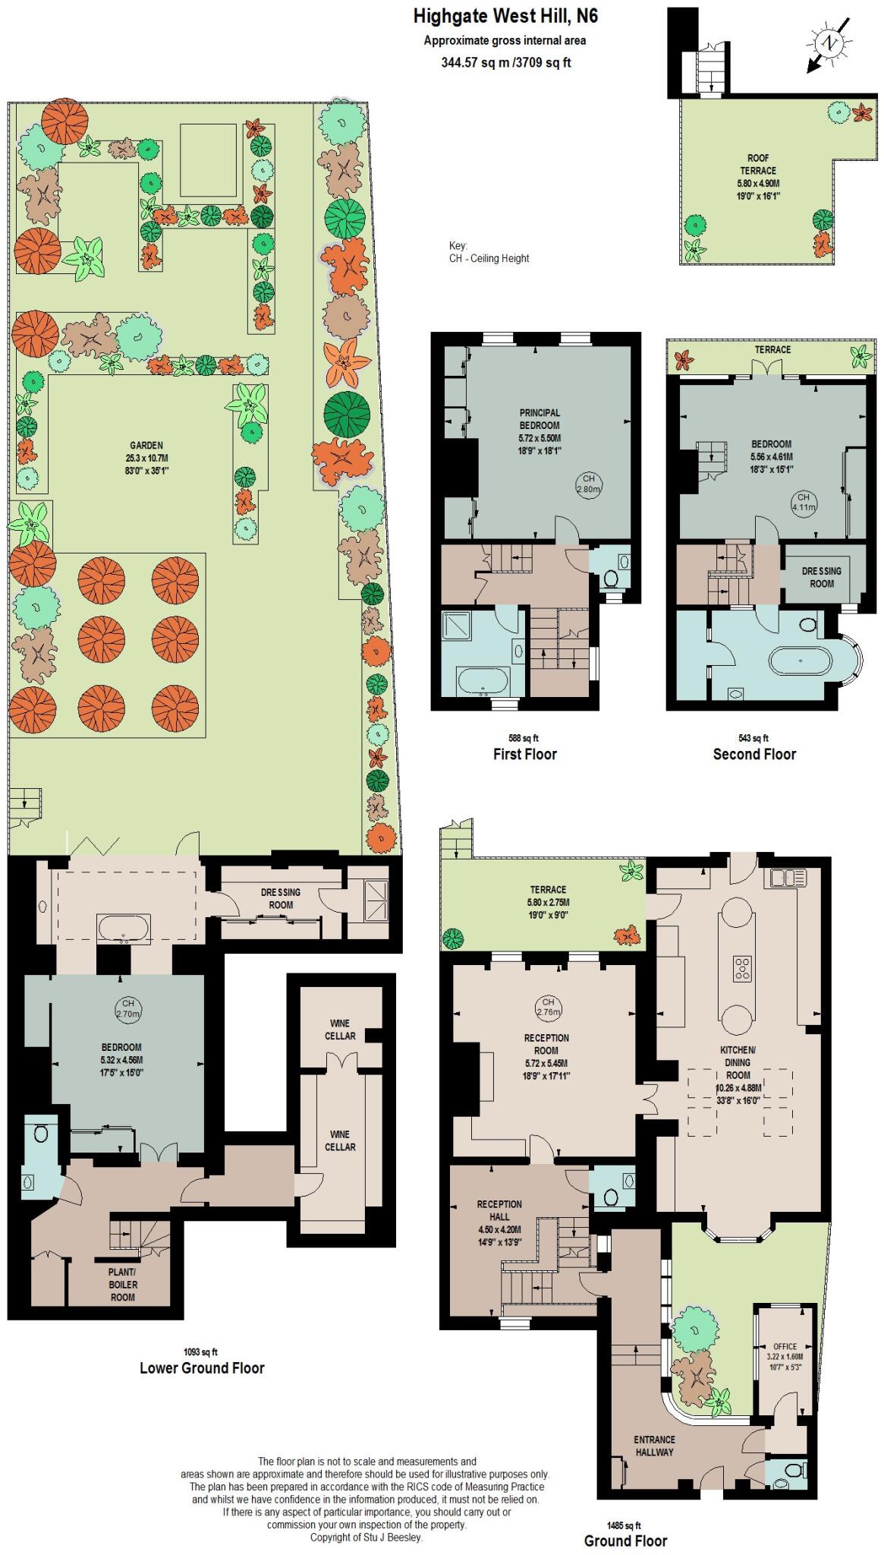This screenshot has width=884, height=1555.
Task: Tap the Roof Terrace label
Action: point(758,177)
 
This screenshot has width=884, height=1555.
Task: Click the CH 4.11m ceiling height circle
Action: point(804,502)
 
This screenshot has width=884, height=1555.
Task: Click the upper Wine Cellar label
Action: point(340,1030)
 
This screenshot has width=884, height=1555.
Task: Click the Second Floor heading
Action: point(754,754)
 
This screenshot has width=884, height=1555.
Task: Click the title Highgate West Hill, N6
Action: point(505,16)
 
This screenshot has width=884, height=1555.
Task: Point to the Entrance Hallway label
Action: point(654,1446)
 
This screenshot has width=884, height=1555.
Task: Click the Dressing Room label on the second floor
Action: point(822,577)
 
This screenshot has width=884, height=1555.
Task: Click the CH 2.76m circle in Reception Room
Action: point(548,1007)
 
